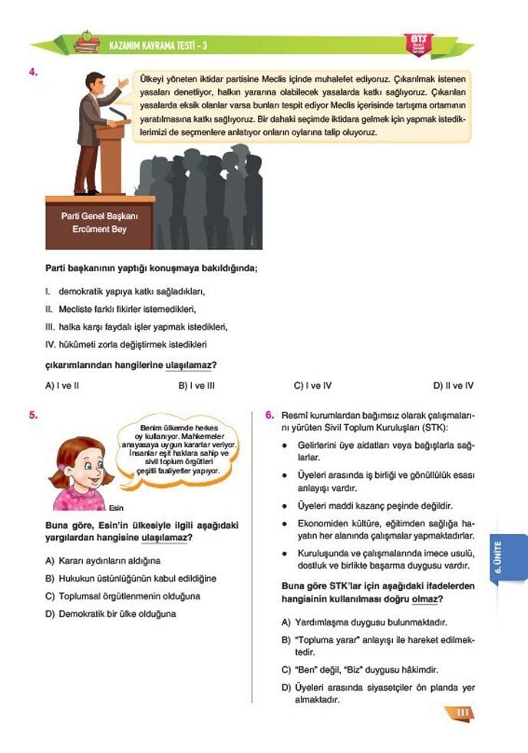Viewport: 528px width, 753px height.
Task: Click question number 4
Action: click(34, 73)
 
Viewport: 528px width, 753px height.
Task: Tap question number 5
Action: click(34, 415)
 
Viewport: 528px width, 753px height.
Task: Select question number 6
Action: click(270, 415)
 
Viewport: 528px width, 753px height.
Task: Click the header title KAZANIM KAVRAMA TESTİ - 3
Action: click(158, 46)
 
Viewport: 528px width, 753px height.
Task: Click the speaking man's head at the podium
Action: click(95, 81)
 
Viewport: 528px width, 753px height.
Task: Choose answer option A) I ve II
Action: click(62, 386)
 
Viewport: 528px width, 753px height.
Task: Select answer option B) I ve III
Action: click(196, 386)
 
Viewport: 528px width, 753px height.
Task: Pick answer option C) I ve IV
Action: click(312, 386)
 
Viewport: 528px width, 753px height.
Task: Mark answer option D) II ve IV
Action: click(453, 386)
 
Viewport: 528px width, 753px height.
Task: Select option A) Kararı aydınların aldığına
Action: click(103, 561)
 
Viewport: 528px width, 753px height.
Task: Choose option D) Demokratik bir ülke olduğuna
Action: click(111, 614)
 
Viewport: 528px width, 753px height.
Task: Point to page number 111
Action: click(461, 714)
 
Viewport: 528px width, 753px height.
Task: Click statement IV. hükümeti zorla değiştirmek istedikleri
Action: click(126, 344)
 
